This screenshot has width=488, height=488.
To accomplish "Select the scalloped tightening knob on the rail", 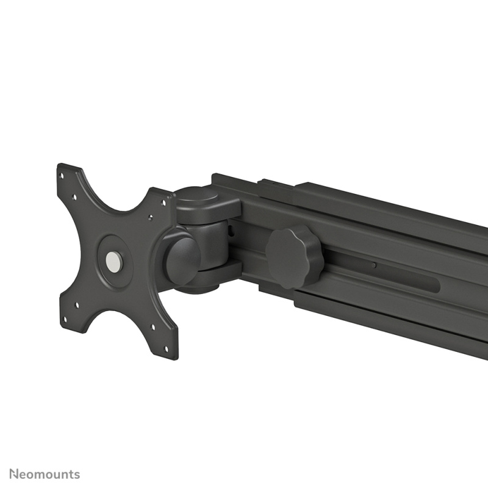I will tap(293, 256).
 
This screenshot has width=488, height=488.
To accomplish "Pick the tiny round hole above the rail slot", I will tap(373, 266).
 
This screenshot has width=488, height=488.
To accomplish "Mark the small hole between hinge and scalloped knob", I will tap(232, 231).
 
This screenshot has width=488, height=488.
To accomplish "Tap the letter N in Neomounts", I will tap(13, 474).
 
